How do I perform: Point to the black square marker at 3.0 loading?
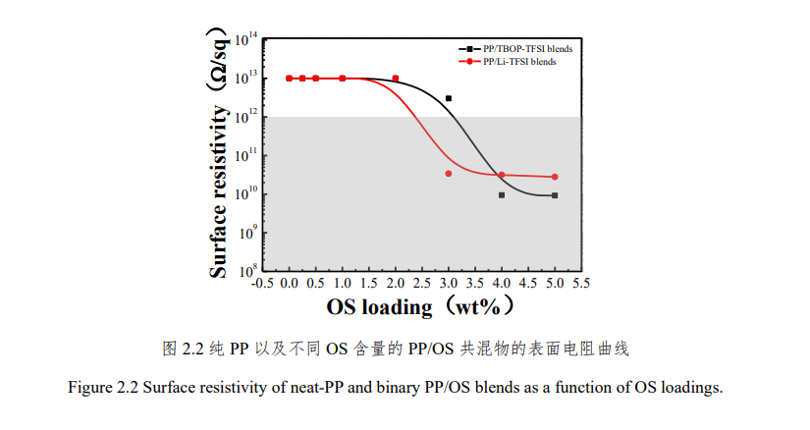[x=449, y=98]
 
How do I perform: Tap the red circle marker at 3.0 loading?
[x=449, y=174]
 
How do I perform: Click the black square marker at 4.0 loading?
[x=502, y=195]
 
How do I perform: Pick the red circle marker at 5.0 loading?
[x=555, y=177]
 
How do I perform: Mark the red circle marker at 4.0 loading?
[x=502, y=175]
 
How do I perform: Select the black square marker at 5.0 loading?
[x=555, y=195]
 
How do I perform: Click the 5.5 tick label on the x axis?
[x=580, y=283]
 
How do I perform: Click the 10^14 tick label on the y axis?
[x=246, y=40]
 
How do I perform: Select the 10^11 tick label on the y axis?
[x=246, y=154]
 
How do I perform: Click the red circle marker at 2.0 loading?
[x=396, y=79]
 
